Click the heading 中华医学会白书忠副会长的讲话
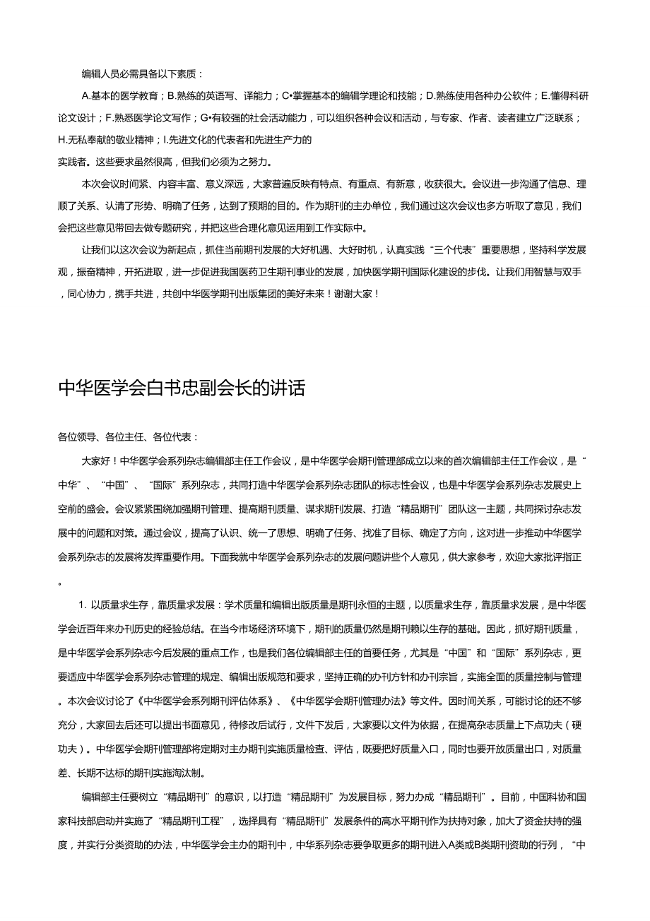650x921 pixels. pos(182,388)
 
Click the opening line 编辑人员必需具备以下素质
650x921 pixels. pos(141,73)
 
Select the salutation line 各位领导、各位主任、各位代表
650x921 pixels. pos(128,437)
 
